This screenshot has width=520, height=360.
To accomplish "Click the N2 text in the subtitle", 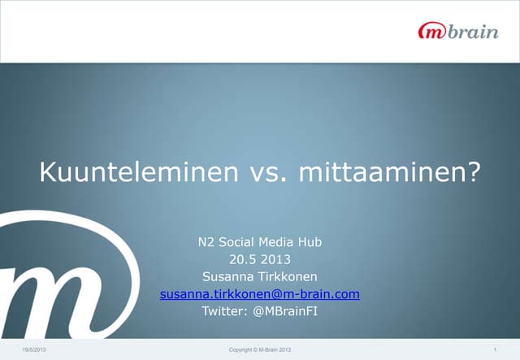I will point(206,241).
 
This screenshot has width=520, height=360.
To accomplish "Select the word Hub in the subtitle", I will point(310,241).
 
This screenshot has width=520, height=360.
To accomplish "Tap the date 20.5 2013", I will point(260,259).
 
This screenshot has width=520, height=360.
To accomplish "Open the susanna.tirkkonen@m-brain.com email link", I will point(260,293).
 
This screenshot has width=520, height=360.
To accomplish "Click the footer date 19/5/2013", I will point(34,349).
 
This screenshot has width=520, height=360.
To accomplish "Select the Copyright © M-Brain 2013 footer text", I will point(260,349).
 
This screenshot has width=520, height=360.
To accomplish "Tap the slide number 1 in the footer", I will point(494,349).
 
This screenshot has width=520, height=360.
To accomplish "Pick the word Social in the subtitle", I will point(240,241).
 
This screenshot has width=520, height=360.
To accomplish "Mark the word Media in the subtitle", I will point(278,241).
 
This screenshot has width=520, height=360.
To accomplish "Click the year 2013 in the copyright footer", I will point(284,349).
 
